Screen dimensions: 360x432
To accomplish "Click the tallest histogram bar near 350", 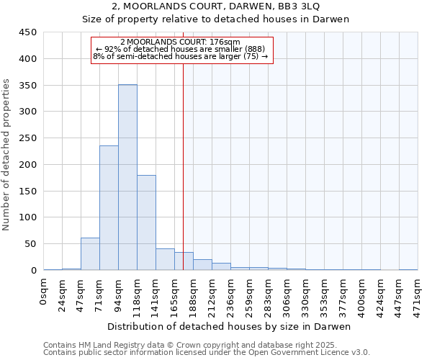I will click(x=127, y=177).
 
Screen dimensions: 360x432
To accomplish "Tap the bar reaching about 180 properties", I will click(x=146, y=222).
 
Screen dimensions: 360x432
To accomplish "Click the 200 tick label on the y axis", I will click(x=27, y=165).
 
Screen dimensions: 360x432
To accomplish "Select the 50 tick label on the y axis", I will click(x=30, y=244).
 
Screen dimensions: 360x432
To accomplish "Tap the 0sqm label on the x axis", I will click(x=44, y=292).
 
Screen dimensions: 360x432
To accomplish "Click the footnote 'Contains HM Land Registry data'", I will click(x=180, y=346).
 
